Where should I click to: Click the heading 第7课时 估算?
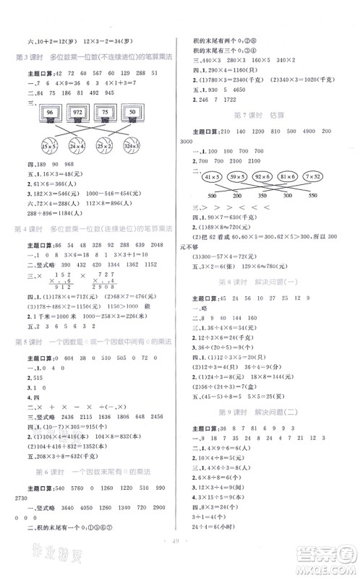click(263, 115)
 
